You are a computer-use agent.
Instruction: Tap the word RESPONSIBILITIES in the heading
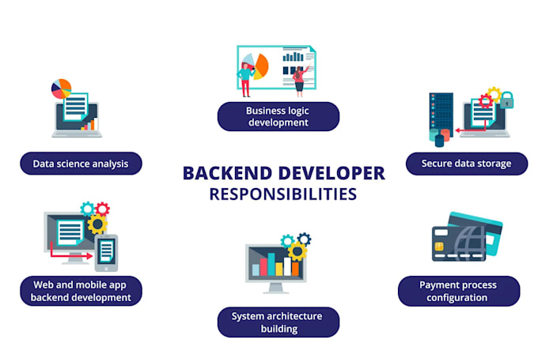pos(283,194)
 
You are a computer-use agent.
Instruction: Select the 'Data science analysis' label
pos(81,164)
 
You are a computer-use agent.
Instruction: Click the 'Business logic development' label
pos(278,116)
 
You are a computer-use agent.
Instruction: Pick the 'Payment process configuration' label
pos(459,291)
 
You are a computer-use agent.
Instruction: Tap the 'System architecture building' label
pos(278,322)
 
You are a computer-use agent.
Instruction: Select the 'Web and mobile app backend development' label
pos(81,291)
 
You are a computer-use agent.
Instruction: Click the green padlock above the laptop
pos(506,100)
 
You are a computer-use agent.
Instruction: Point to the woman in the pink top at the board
pos(298,77)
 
